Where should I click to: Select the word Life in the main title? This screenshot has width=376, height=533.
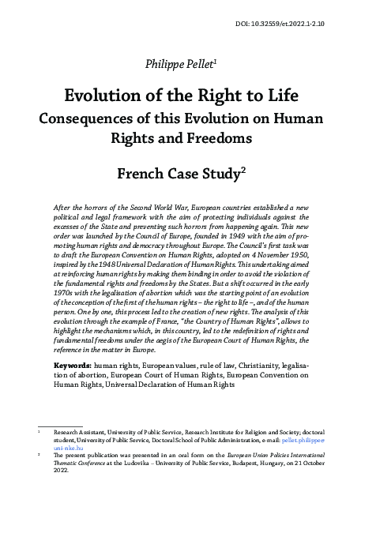coord(276,96)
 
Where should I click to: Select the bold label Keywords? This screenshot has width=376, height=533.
coord(72,366)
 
